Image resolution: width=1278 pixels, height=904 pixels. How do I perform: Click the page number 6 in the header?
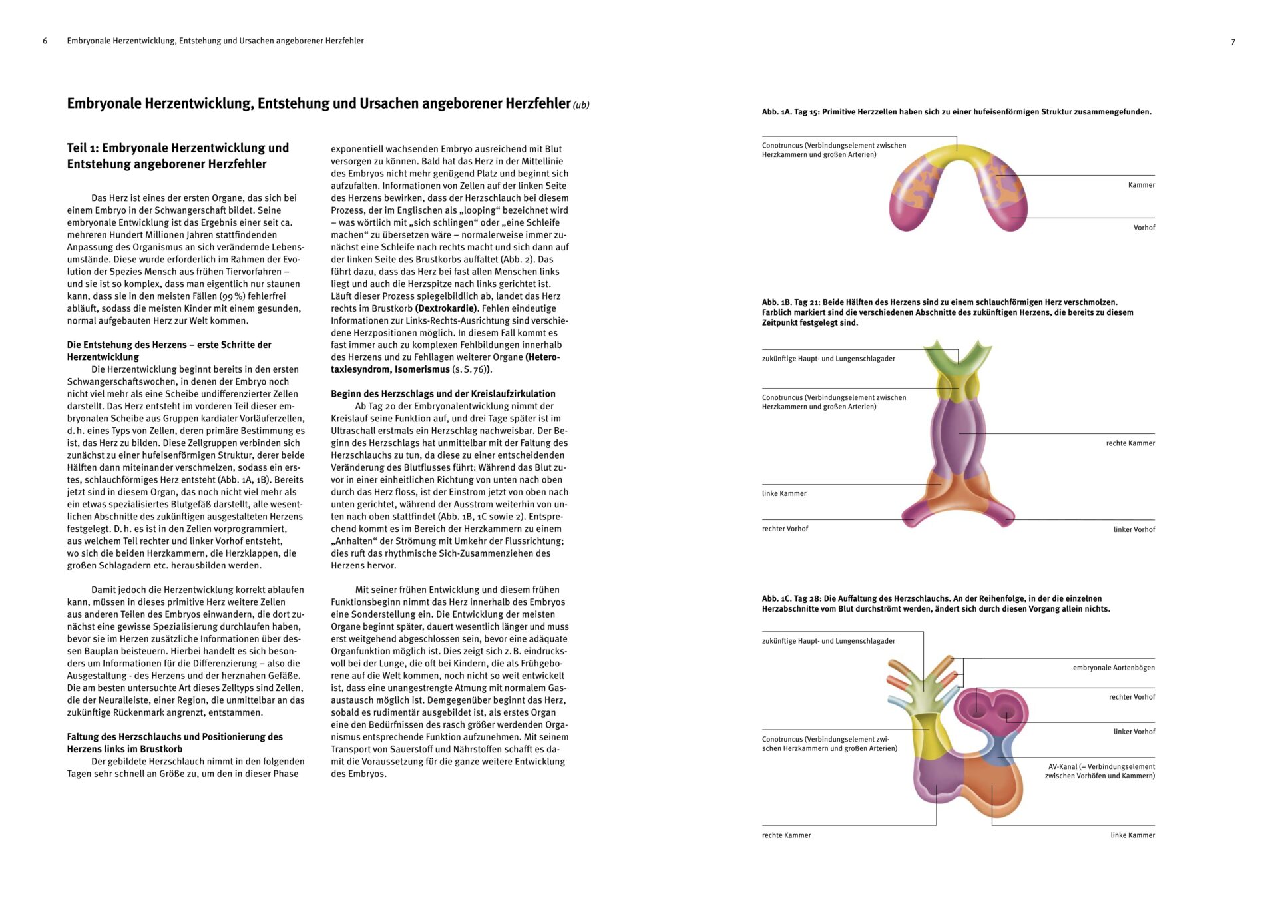[x=45, y=41]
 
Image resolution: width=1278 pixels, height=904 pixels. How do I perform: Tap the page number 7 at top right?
[x=1233, y=42]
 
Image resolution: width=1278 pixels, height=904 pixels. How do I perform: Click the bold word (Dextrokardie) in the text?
[x=446, y=308]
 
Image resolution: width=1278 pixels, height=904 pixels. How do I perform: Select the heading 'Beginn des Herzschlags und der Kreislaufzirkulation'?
[x=443, y=394]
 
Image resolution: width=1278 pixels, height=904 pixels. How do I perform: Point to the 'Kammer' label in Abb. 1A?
[x=1141, y=185]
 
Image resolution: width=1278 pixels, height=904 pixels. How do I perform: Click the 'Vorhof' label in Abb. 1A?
[x=1144, y=228]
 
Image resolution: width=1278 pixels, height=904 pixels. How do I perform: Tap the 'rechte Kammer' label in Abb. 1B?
[x=1130, y=443]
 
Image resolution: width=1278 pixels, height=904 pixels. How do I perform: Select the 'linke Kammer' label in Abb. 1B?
[x=784, y=494]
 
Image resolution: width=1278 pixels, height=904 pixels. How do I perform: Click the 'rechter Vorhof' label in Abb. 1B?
[x=785, y=529]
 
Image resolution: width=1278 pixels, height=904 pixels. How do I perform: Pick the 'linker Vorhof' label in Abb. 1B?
[x=1134, y=530]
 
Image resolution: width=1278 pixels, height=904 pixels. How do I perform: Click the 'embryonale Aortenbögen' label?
[x=1113, y=668]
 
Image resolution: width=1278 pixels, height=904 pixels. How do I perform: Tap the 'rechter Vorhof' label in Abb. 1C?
[x=1132, y=697]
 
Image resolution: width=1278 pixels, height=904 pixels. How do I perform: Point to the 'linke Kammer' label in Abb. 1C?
[x=1132, y=835]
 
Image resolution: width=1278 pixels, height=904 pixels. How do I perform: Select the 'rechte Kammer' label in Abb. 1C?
[x=786, y=835]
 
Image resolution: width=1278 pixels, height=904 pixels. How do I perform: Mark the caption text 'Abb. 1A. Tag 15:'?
[x=791, y=112]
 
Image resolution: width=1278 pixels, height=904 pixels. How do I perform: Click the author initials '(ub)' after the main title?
[x=581, y=105]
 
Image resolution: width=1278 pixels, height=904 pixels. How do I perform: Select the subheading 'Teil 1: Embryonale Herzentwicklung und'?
[x=178, y=148]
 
